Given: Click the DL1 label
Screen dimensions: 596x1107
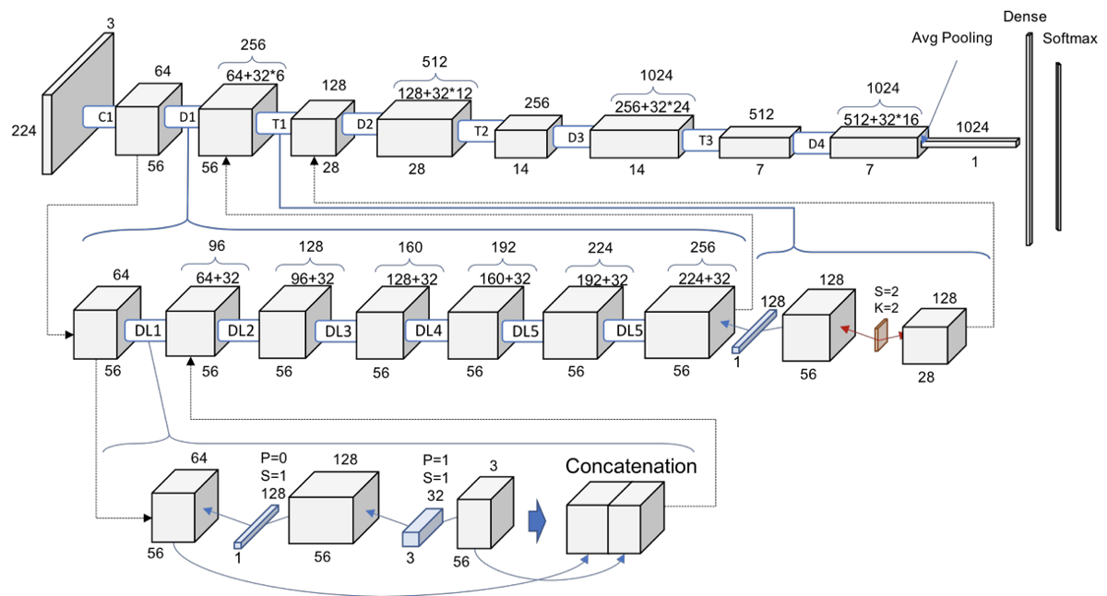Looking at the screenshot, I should coord(145,330).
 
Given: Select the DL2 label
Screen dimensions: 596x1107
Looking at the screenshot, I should coord(237,330).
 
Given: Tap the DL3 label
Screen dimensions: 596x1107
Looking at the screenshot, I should coord(335,330).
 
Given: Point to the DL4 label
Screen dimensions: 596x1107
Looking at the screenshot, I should coord(428,330).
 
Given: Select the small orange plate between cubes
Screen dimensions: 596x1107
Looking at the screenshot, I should coord(881,335).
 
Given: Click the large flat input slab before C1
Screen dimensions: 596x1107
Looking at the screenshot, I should coord(77,103).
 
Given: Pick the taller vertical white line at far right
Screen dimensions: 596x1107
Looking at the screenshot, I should coord(1029,138).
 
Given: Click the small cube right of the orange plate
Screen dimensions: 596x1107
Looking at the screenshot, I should coord(933,338).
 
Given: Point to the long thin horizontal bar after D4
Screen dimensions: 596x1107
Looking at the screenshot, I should coord(969,143).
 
